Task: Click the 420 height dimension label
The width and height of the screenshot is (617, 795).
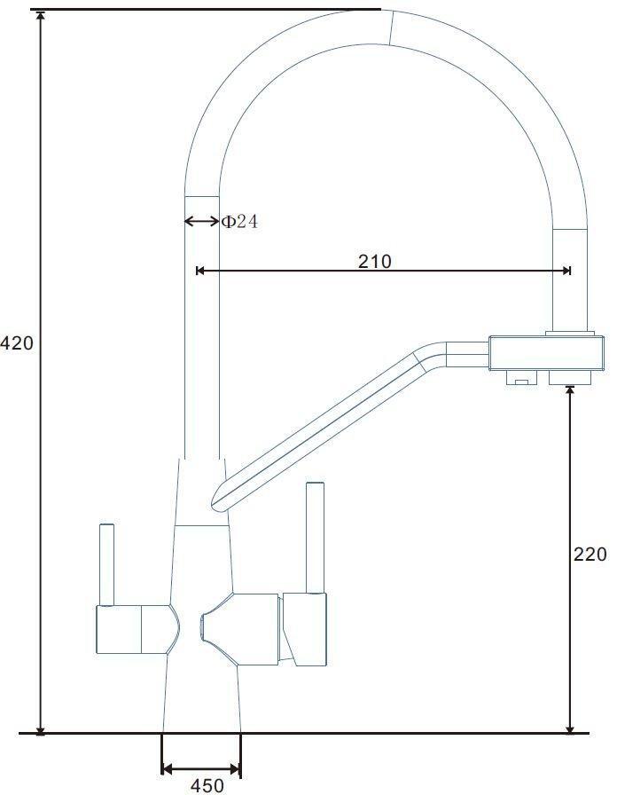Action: point(17,343)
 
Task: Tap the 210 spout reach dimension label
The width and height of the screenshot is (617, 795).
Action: point(375,261)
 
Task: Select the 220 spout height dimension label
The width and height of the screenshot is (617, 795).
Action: point(590,555)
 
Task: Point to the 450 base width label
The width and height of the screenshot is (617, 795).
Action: point(207,785)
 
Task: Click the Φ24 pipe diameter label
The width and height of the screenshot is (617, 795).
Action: point(240,221)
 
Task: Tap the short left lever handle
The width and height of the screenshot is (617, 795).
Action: point(107,565)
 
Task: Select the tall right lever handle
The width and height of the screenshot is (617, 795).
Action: point(315,538)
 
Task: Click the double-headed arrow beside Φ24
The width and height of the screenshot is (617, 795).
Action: point(201,221)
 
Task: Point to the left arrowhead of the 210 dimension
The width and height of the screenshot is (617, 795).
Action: point(200,271)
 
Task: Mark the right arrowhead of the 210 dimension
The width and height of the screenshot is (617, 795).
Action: point(566,271)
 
